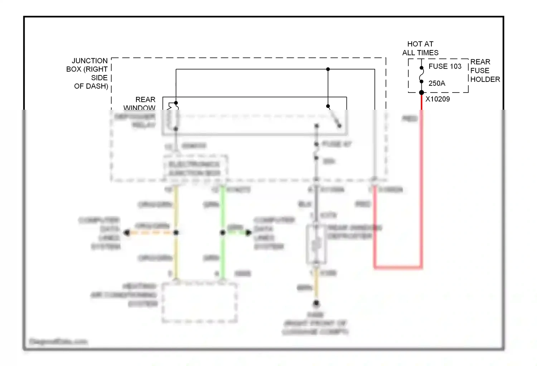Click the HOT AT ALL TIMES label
pyautogui.click(x=420, y=48)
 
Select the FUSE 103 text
pyautogui.click(x=445, y=66)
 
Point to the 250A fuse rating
pyautogui.click(x=437, y=83)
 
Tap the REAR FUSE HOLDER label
pyautogui.click(x=485, y=70)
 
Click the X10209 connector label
pyautogui.click(x=437, y=99)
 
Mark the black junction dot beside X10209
pyautogui.click(x=421, y=93)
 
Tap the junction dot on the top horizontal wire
pyautogui.click(x=328, y=69)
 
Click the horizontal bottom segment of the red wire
pyautogui.click(x=398, y=267)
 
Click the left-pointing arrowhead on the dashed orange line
pyautogui.click(x=126, y=233)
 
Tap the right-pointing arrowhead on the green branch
pyautogui.click(x=248, y=233)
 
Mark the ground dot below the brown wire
pyautogui.click(x=316, y=303)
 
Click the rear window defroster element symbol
pyautogui.click(x=316, y=245)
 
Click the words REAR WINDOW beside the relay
pyautogui.click(x=140, y=104)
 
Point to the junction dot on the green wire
pyautogui.click(x=223, y=233)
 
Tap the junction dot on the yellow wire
pyautogui.click(x=176, y=233)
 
